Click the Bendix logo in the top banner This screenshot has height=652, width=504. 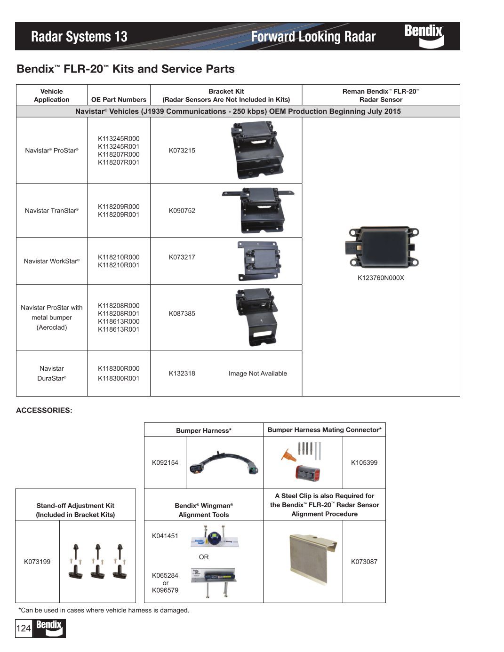click(424, 36)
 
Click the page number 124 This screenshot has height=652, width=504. click(24, 628)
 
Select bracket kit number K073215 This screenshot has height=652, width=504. click(182, 151)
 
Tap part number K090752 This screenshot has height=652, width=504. click(182, 211)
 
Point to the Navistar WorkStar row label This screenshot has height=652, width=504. click(52, 261)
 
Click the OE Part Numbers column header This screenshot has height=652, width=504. click(119, 100)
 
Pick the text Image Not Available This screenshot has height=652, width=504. click(257, 374)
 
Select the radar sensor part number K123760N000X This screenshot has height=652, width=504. click(381, 278)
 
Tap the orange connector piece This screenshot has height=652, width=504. click(288, 455)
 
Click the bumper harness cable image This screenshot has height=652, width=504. click(224, 463)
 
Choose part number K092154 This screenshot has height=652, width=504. click(165, 463)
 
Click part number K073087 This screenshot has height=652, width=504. click(364, 562)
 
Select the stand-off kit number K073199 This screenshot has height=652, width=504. click(37, 562)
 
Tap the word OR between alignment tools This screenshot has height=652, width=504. click(203, 557)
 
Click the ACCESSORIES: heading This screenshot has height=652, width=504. click(44, 411)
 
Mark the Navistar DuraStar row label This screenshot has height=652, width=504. click(52, 374)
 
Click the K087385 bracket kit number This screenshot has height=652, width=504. click(182, 314)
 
